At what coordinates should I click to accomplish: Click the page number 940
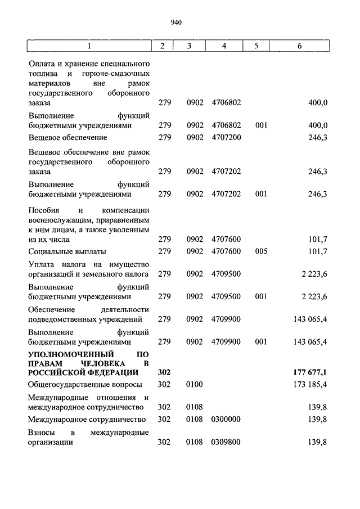[176, 22]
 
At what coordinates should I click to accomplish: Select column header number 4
[224, 46]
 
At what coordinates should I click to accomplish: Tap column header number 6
[299, 46]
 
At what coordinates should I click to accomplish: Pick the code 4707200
[226, 137]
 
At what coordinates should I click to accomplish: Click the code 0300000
[226, 419]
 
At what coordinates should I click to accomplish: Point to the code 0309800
[226, 442]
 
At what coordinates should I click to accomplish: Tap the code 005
[260, 251]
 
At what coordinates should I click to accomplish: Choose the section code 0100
[195, 385]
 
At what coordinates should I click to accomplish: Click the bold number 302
[164, 372]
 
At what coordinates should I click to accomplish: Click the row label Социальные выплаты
[67, 251]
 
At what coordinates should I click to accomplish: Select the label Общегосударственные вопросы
[84, 385]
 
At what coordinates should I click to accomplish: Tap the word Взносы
[42, 432]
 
